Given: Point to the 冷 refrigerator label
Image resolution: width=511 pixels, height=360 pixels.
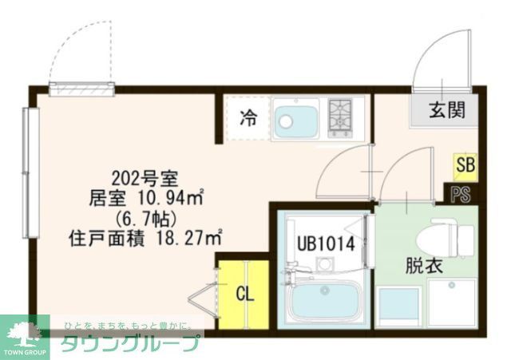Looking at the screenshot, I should click(249, 119).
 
